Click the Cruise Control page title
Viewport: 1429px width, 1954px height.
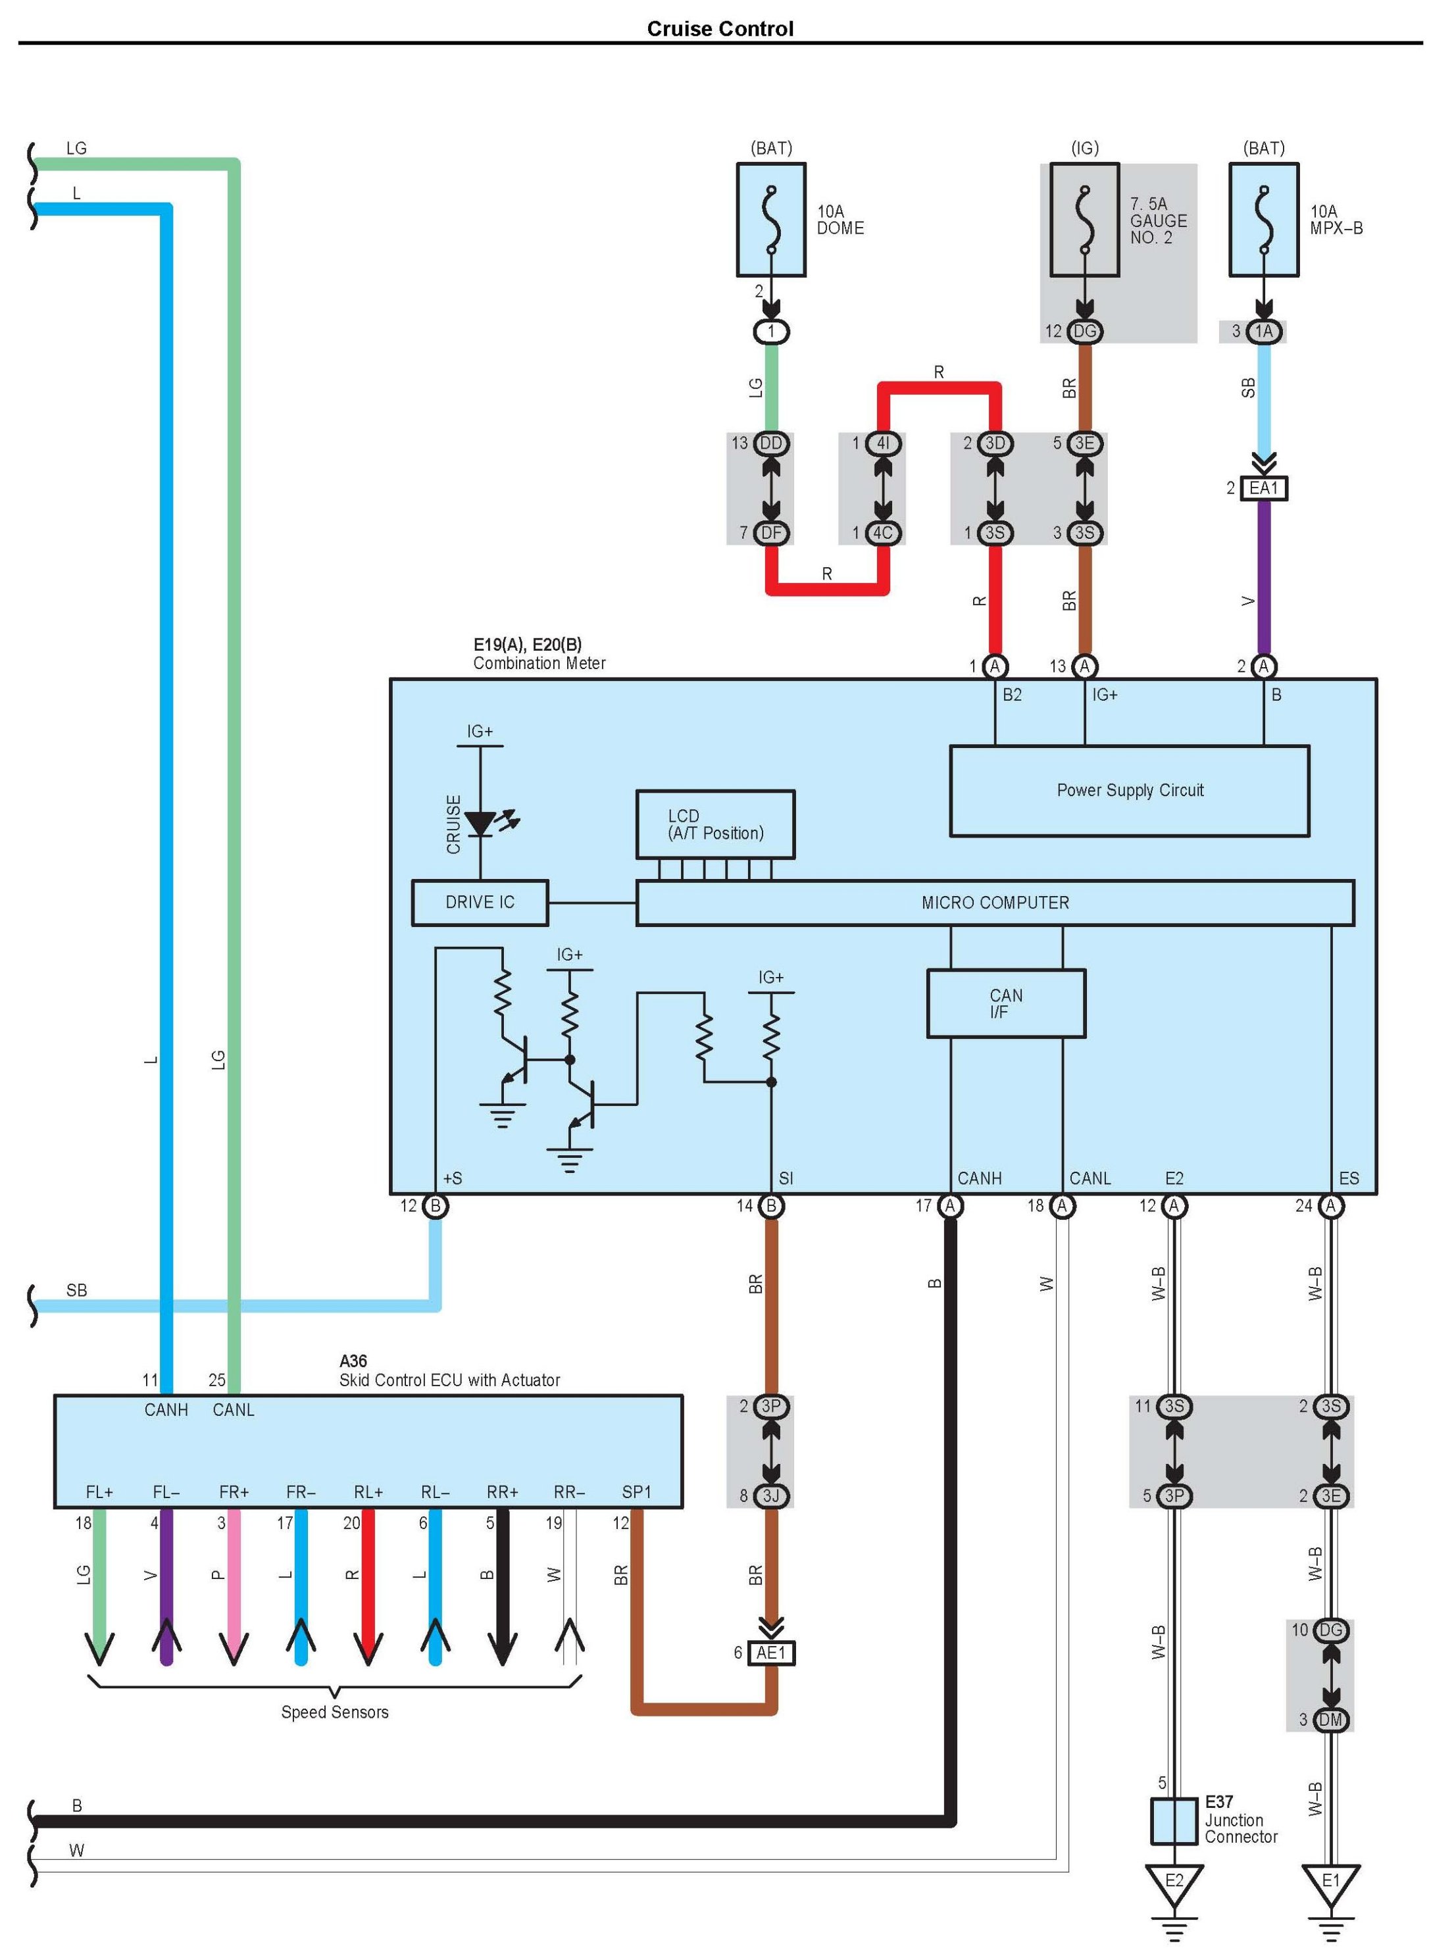pos(720,28)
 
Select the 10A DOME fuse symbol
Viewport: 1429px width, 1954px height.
pos(770,220)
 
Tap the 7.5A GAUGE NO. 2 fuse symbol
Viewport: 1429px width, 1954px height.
pos(1085,220)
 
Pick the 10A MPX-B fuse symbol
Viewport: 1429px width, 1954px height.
pos(1264,220)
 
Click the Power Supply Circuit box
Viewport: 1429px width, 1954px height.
pos(1129,791)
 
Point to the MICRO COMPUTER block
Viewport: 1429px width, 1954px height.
pos(995,903)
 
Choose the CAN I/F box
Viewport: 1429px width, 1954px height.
pos(1005,1003)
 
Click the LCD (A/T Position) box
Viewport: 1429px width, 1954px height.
pos(714,824)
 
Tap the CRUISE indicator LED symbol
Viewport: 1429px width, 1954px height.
pos(481,822)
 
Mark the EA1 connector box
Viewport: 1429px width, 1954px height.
pos(1263,489)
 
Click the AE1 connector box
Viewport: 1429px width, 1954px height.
pos(770,1653)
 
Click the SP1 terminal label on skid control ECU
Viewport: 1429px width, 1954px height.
pos(637,1492)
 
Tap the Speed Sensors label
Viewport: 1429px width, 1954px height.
pos(335,1712)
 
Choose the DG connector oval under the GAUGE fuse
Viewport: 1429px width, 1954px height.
pos(1085,332)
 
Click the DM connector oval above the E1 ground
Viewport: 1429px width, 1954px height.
pos(1330,1720)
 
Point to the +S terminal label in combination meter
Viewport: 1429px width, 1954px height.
pos(453,1178)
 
